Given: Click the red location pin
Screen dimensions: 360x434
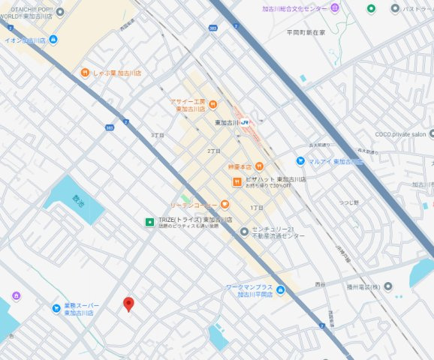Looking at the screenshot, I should point(128,304).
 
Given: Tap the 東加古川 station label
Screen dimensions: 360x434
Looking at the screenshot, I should point(226,122).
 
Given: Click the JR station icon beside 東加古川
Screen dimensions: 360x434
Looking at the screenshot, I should point(245,122).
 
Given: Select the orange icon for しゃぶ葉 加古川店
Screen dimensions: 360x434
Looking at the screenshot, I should point(86,73).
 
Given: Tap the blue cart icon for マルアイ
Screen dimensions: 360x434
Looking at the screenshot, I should point(300,160).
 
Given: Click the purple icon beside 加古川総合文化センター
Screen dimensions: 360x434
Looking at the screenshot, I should point(335,7).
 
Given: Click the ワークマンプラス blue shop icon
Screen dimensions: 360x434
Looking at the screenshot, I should point(280,290).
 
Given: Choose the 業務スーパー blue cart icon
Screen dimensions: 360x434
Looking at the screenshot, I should point(56,307).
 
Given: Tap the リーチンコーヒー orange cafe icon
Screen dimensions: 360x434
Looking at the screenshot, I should point(225,205).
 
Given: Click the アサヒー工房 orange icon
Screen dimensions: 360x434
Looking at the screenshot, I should point(212,104).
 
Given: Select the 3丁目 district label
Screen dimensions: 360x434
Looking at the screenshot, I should point(157,135).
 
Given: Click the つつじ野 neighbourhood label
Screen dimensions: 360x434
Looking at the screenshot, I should point(348,202).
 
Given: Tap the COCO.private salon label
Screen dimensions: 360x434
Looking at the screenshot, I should point(400,134).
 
